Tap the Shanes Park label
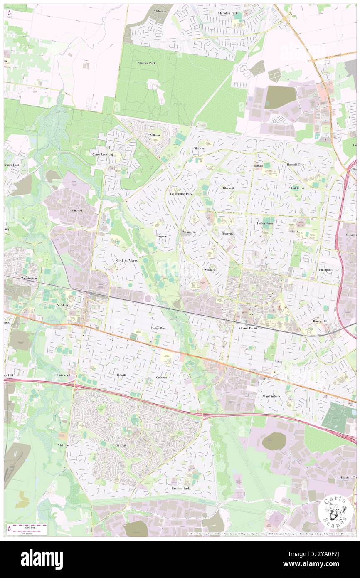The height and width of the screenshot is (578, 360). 147,63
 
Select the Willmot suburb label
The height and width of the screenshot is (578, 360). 155,135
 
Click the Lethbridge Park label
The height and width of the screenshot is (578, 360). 181,194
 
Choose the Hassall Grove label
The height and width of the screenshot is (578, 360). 296,165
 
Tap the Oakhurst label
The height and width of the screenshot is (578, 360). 298,188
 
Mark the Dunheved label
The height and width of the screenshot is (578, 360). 75,210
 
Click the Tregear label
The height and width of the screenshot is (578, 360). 161,236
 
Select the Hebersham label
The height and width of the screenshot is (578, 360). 265,223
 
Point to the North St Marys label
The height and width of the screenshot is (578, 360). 126,260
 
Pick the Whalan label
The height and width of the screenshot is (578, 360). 209,270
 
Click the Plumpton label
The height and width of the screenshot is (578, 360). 325,270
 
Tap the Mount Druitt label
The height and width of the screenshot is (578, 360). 248,328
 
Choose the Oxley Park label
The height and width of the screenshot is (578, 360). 158,328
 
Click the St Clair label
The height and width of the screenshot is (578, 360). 121,445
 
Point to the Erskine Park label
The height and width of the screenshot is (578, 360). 181,488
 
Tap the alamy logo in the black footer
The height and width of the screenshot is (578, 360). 42,559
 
